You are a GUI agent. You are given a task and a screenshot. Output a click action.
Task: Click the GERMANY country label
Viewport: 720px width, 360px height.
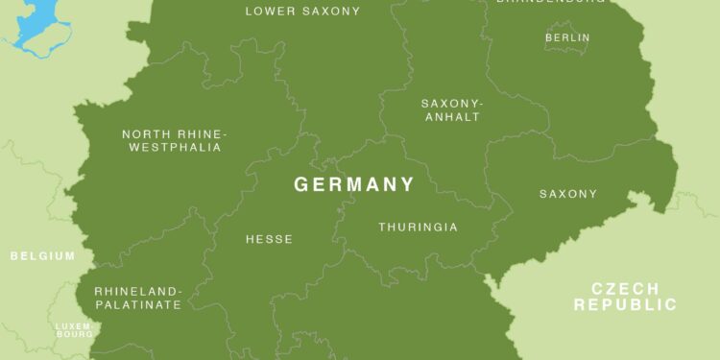click(354, 184)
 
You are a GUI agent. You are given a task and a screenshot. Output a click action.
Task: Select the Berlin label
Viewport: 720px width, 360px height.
click(567, 37)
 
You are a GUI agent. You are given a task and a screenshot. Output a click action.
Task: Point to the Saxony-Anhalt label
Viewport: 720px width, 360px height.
click(451, 109)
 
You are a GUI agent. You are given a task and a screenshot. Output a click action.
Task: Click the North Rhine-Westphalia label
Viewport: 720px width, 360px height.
click(173, 140)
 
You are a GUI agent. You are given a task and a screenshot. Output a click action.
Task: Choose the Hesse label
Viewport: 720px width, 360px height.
click(269, 239)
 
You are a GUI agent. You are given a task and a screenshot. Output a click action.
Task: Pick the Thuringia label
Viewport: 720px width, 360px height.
click(418, 228)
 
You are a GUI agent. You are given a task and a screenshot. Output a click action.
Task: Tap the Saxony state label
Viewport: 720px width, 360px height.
click(568, 194)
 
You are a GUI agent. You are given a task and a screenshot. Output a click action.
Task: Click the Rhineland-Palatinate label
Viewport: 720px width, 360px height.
click(137, 298)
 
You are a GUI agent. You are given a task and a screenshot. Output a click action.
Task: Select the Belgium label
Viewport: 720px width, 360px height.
click(42, 256)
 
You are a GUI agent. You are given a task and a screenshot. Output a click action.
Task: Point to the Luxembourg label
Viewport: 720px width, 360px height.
click(74, 329)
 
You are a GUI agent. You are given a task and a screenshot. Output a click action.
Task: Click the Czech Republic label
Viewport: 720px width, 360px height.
click(625, 297)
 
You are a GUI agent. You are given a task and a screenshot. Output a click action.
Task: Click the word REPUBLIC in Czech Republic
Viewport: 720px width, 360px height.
click(625, 305)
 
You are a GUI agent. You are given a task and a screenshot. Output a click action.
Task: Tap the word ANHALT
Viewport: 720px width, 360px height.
click(451, 117)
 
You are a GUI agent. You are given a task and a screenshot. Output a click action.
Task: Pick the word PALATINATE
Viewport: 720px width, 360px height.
click(137, 304)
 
